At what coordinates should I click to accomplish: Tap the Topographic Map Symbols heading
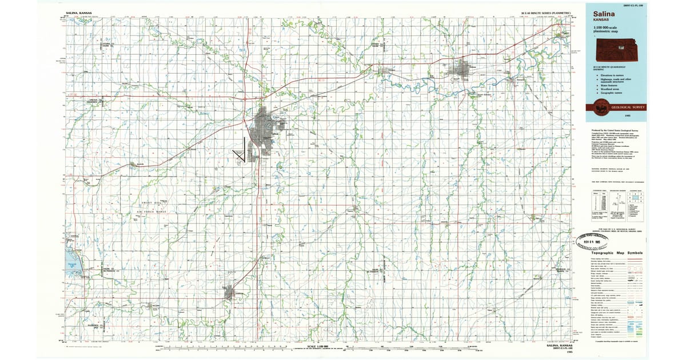618,253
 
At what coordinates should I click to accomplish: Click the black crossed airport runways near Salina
241,152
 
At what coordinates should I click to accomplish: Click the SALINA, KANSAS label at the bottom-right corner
558,346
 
